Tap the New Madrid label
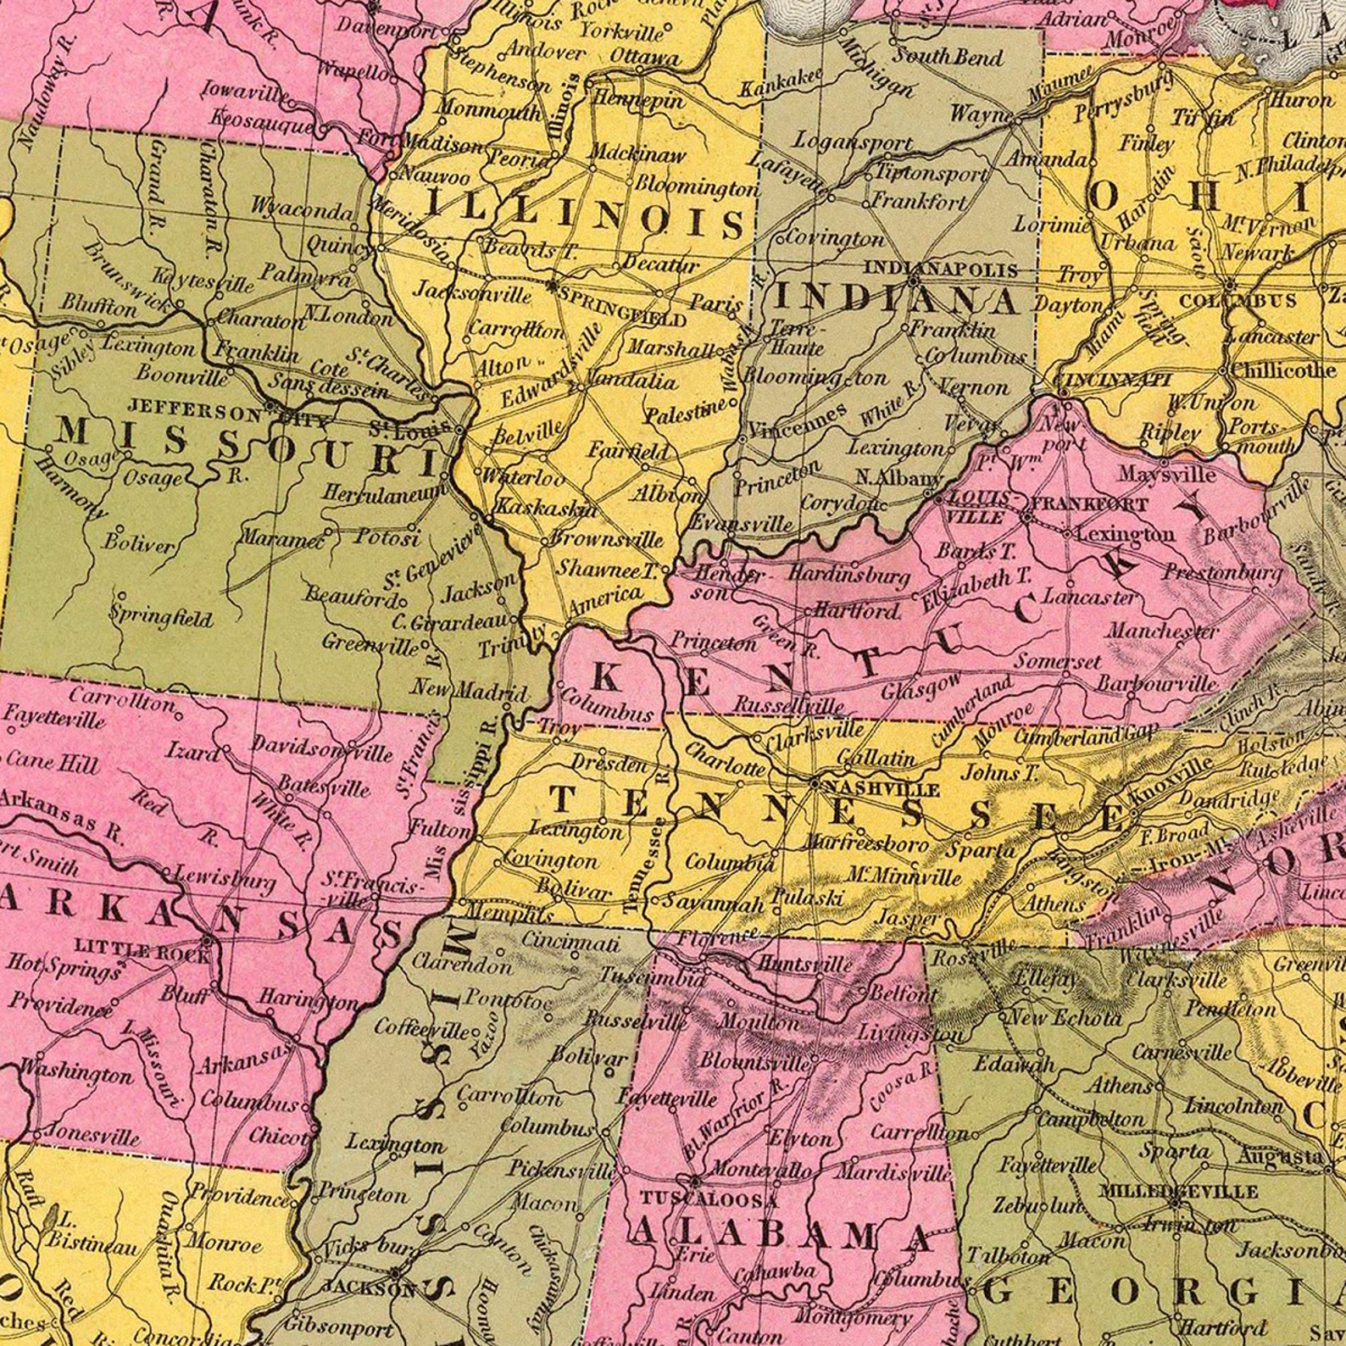pyautogui.click(x=470, y=690)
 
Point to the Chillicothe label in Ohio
pyautogui.click(x=1282, y=371)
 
